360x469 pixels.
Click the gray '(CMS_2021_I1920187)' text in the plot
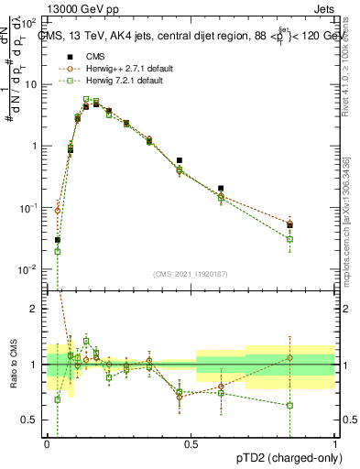[x=190, y=273]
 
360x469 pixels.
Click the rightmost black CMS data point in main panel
[x=289, y=224]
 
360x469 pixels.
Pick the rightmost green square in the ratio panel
[x=289, y=405]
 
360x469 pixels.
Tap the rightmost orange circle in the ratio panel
[x=289, y=357]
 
